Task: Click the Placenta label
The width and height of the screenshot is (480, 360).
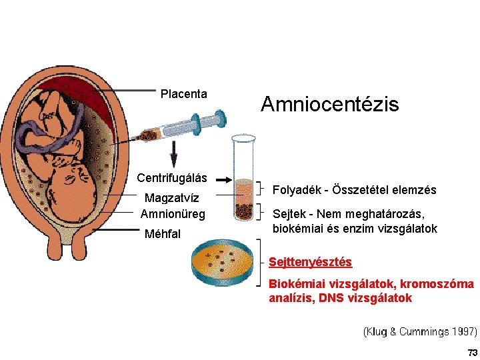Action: click(184, 95)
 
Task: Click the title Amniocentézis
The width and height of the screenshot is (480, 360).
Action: click(329, 104)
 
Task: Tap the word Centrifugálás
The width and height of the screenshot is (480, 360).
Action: click(172, 178)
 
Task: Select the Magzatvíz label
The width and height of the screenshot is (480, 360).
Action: click(172, 198)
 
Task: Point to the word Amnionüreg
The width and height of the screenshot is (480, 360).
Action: click(173, 214)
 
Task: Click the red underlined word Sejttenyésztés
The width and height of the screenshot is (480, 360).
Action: click(310, 263)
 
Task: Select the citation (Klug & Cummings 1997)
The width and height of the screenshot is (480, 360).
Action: click(420, 331)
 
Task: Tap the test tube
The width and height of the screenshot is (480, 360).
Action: click(243, 177)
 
